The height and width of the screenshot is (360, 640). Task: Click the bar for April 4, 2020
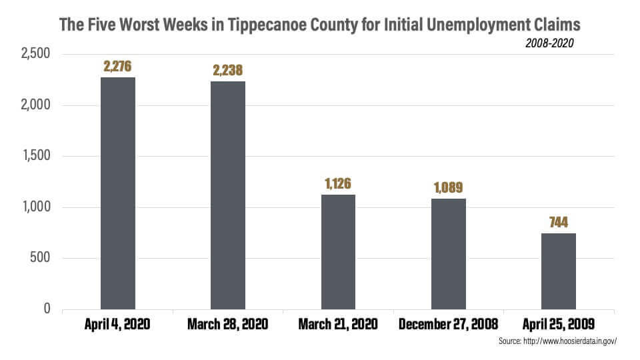tap(117, 193)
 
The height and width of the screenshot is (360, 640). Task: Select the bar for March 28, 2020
tap(228, 195)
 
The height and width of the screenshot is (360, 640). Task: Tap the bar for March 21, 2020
tap(338, 252)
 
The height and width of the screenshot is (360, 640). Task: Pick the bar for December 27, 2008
tap(448, 254)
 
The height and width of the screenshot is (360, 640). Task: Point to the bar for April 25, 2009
tap(559, 271)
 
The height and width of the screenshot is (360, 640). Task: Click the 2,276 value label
tap(118, 67)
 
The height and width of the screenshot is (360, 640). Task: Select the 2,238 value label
tap(228, 70)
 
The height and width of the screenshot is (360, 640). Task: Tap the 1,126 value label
tap(338, 183)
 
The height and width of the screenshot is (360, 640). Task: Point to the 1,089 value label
tap(448, 187)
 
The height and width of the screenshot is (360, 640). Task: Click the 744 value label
tap(559, 222)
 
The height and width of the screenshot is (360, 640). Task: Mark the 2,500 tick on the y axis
tap(37, 54)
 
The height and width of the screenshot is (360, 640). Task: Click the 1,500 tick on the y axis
tap(37, 156)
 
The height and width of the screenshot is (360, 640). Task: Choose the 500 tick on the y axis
tap(41, 258)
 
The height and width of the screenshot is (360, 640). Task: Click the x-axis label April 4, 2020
tap(118, 325)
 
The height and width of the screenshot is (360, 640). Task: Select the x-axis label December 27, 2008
tap(448, 325)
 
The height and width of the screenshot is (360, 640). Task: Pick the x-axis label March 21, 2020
tap(338, 325)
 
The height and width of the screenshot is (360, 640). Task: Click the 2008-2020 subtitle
tap(549, 43)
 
